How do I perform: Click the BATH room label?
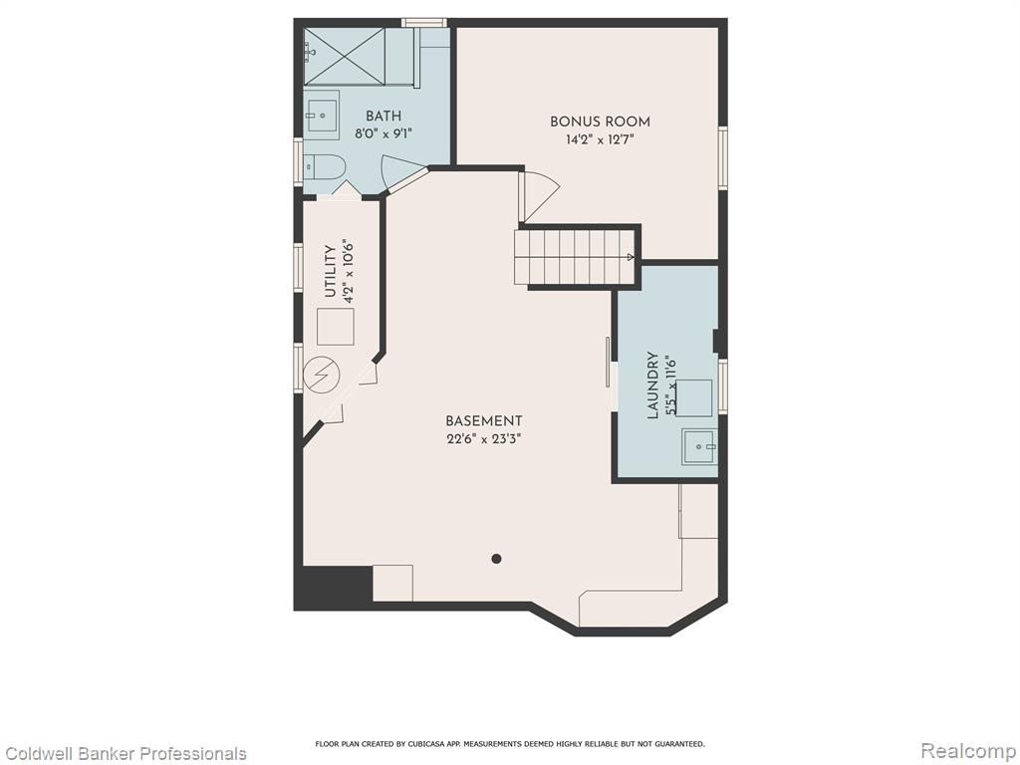coord(383,117)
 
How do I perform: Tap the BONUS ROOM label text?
coord(600,122)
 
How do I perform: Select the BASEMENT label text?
coord(483,421)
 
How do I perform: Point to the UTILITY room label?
coord(331,272)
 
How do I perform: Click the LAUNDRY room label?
coord(653,385)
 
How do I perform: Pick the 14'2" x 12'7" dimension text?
coord(600,139)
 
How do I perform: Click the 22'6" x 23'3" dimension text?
coord(483,439)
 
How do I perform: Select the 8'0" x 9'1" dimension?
coord(383,134)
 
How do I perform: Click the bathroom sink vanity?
coord(322,116)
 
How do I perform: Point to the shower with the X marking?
coord(345,56)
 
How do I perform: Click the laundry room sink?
coord(700,447)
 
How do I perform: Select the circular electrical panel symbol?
coord(322,376)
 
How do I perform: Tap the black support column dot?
coord(496,558)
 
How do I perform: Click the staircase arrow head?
coord(630,257)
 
